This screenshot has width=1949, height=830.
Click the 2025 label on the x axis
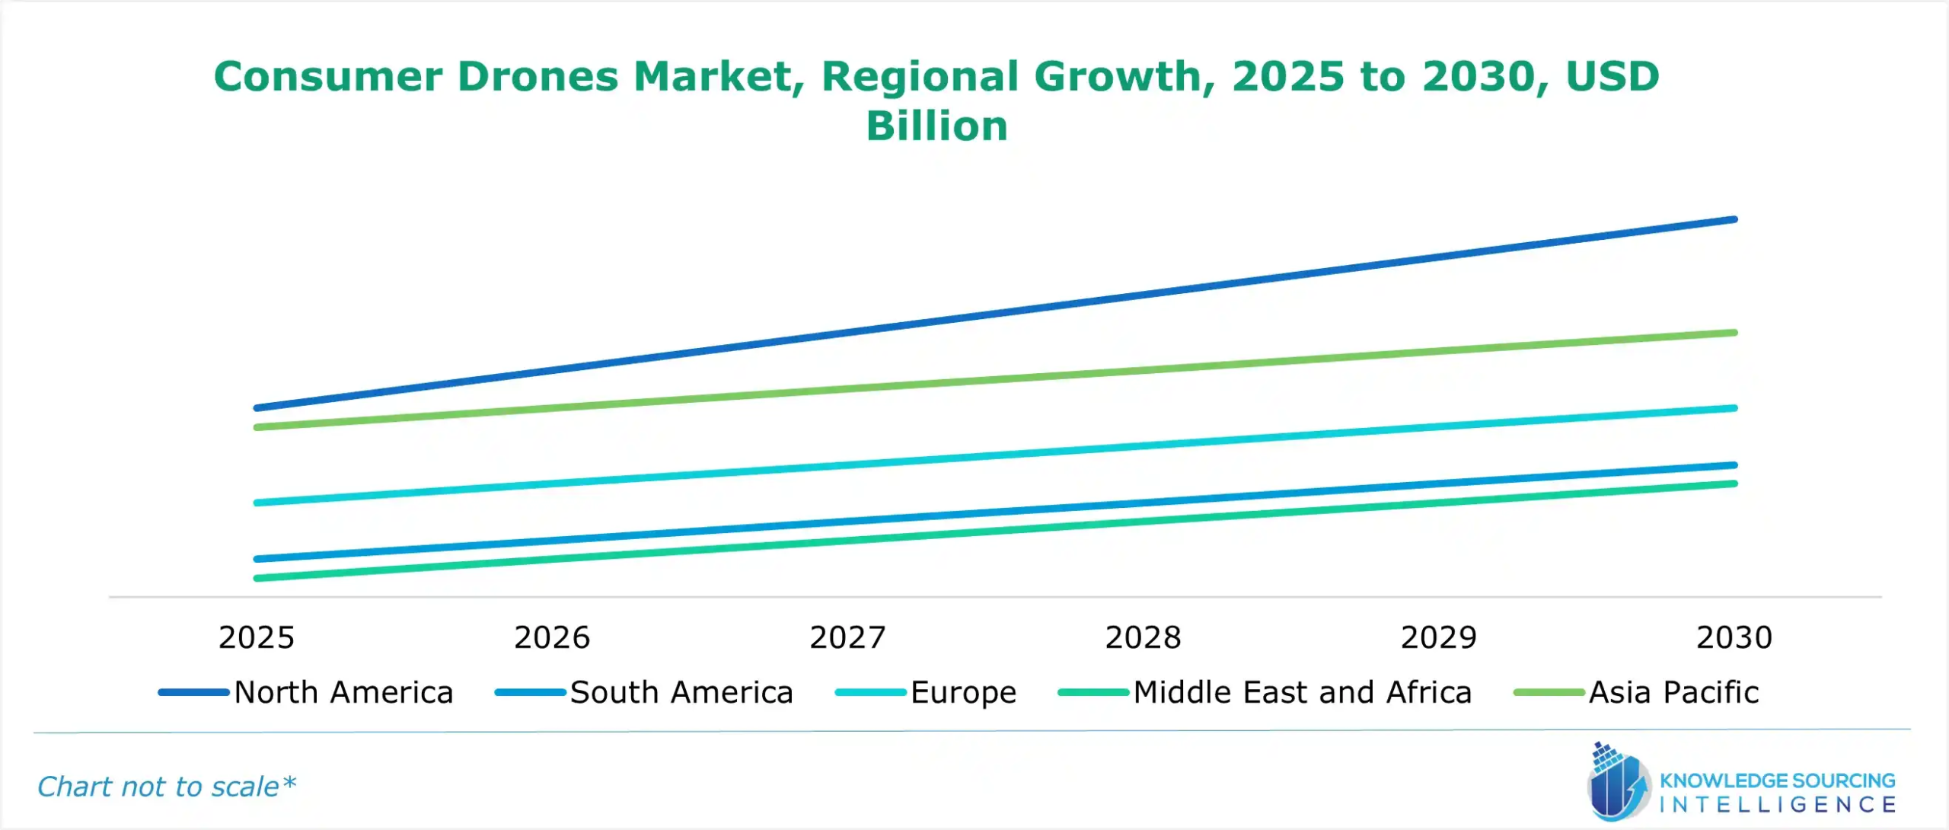point(256,637)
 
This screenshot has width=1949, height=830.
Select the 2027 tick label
point(847,637)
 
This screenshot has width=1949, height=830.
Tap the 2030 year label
point(1734,637)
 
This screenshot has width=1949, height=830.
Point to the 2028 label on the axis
point(1143,637)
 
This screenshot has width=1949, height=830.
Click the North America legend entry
point(343,692)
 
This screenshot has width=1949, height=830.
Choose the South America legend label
point(681,692)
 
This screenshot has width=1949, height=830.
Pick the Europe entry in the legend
point(963,692)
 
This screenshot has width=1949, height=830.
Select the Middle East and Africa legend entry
point(1302,692)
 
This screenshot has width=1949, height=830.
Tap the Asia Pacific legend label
point(1673,692)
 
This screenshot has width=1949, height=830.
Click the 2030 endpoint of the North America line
point(1734,219)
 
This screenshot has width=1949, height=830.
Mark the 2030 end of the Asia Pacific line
point(1734,333)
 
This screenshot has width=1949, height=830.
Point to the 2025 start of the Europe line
point(257,503)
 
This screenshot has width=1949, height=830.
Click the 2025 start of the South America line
point(257,559)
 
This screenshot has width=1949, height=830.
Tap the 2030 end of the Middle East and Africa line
point(1734,484)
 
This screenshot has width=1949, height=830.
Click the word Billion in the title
point(936,126)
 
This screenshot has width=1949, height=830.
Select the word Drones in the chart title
point(537,76)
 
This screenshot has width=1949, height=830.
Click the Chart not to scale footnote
point(166,787)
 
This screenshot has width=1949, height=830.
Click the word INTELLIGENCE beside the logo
point(1777,805)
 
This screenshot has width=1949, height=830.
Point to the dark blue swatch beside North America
point(193,692)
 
